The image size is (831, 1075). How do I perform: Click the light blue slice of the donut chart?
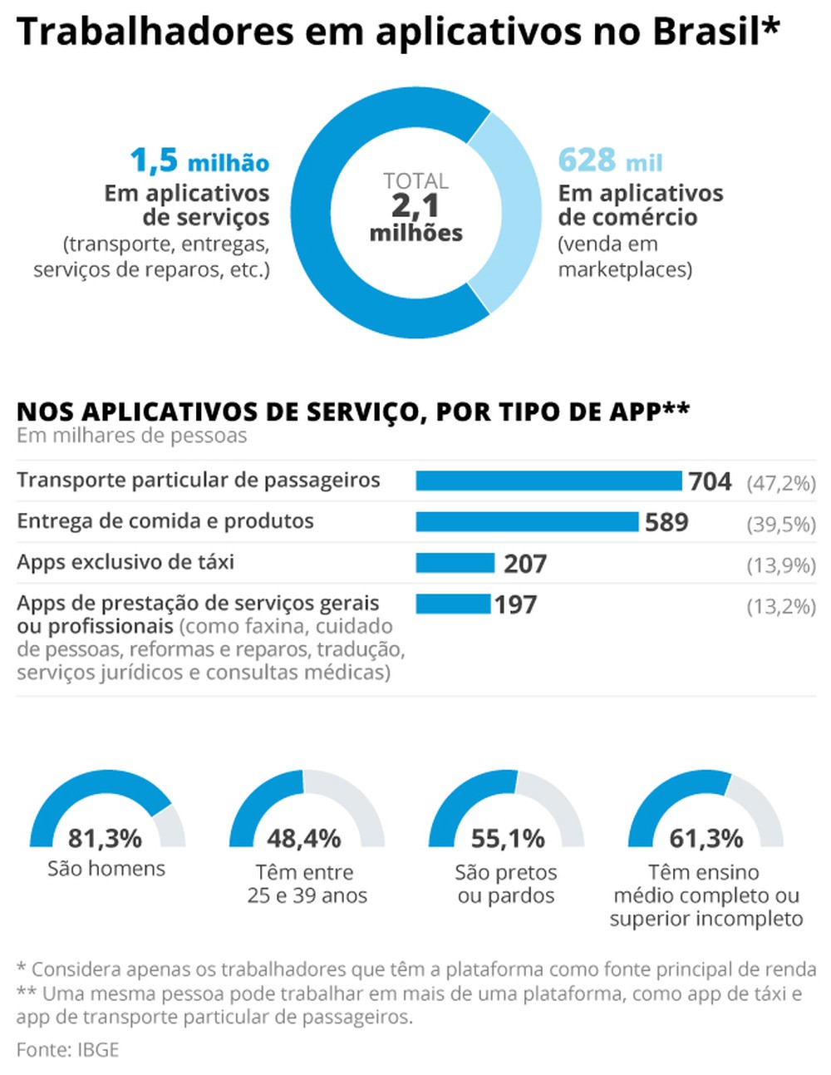[511, 212]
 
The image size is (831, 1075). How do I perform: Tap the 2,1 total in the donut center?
[415, 206]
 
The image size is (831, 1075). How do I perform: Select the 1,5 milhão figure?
[199, 160]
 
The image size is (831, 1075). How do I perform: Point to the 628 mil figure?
[610, 160]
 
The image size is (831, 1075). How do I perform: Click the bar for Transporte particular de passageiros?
[548, 481]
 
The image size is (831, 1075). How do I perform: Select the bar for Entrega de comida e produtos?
[527, 521]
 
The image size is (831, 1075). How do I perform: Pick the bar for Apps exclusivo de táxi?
[455, 563]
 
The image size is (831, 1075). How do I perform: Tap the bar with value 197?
[453, 604]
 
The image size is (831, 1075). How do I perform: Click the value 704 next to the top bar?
[710, 481]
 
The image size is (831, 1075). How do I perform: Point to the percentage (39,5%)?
[781, 525]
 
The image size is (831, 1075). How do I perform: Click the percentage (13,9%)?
[781, 565]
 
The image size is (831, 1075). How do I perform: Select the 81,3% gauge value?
[105, 838]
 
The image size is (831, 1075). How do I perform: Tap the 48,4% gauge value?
[304, 838]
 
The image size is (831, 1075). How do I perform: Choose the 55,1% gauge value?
[507, 838]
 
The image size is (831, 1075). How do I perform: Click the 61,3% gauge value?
[706, 838]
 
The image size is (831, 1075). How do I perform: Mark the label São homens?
[106, 869]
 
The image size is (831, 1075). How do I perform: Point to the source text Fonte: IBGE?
[68, 1049]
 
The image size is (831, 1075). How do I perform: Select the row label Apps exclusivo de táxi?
[125, 562]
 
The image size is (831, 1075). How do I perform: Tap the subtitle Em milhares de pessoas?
[131, 436]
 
